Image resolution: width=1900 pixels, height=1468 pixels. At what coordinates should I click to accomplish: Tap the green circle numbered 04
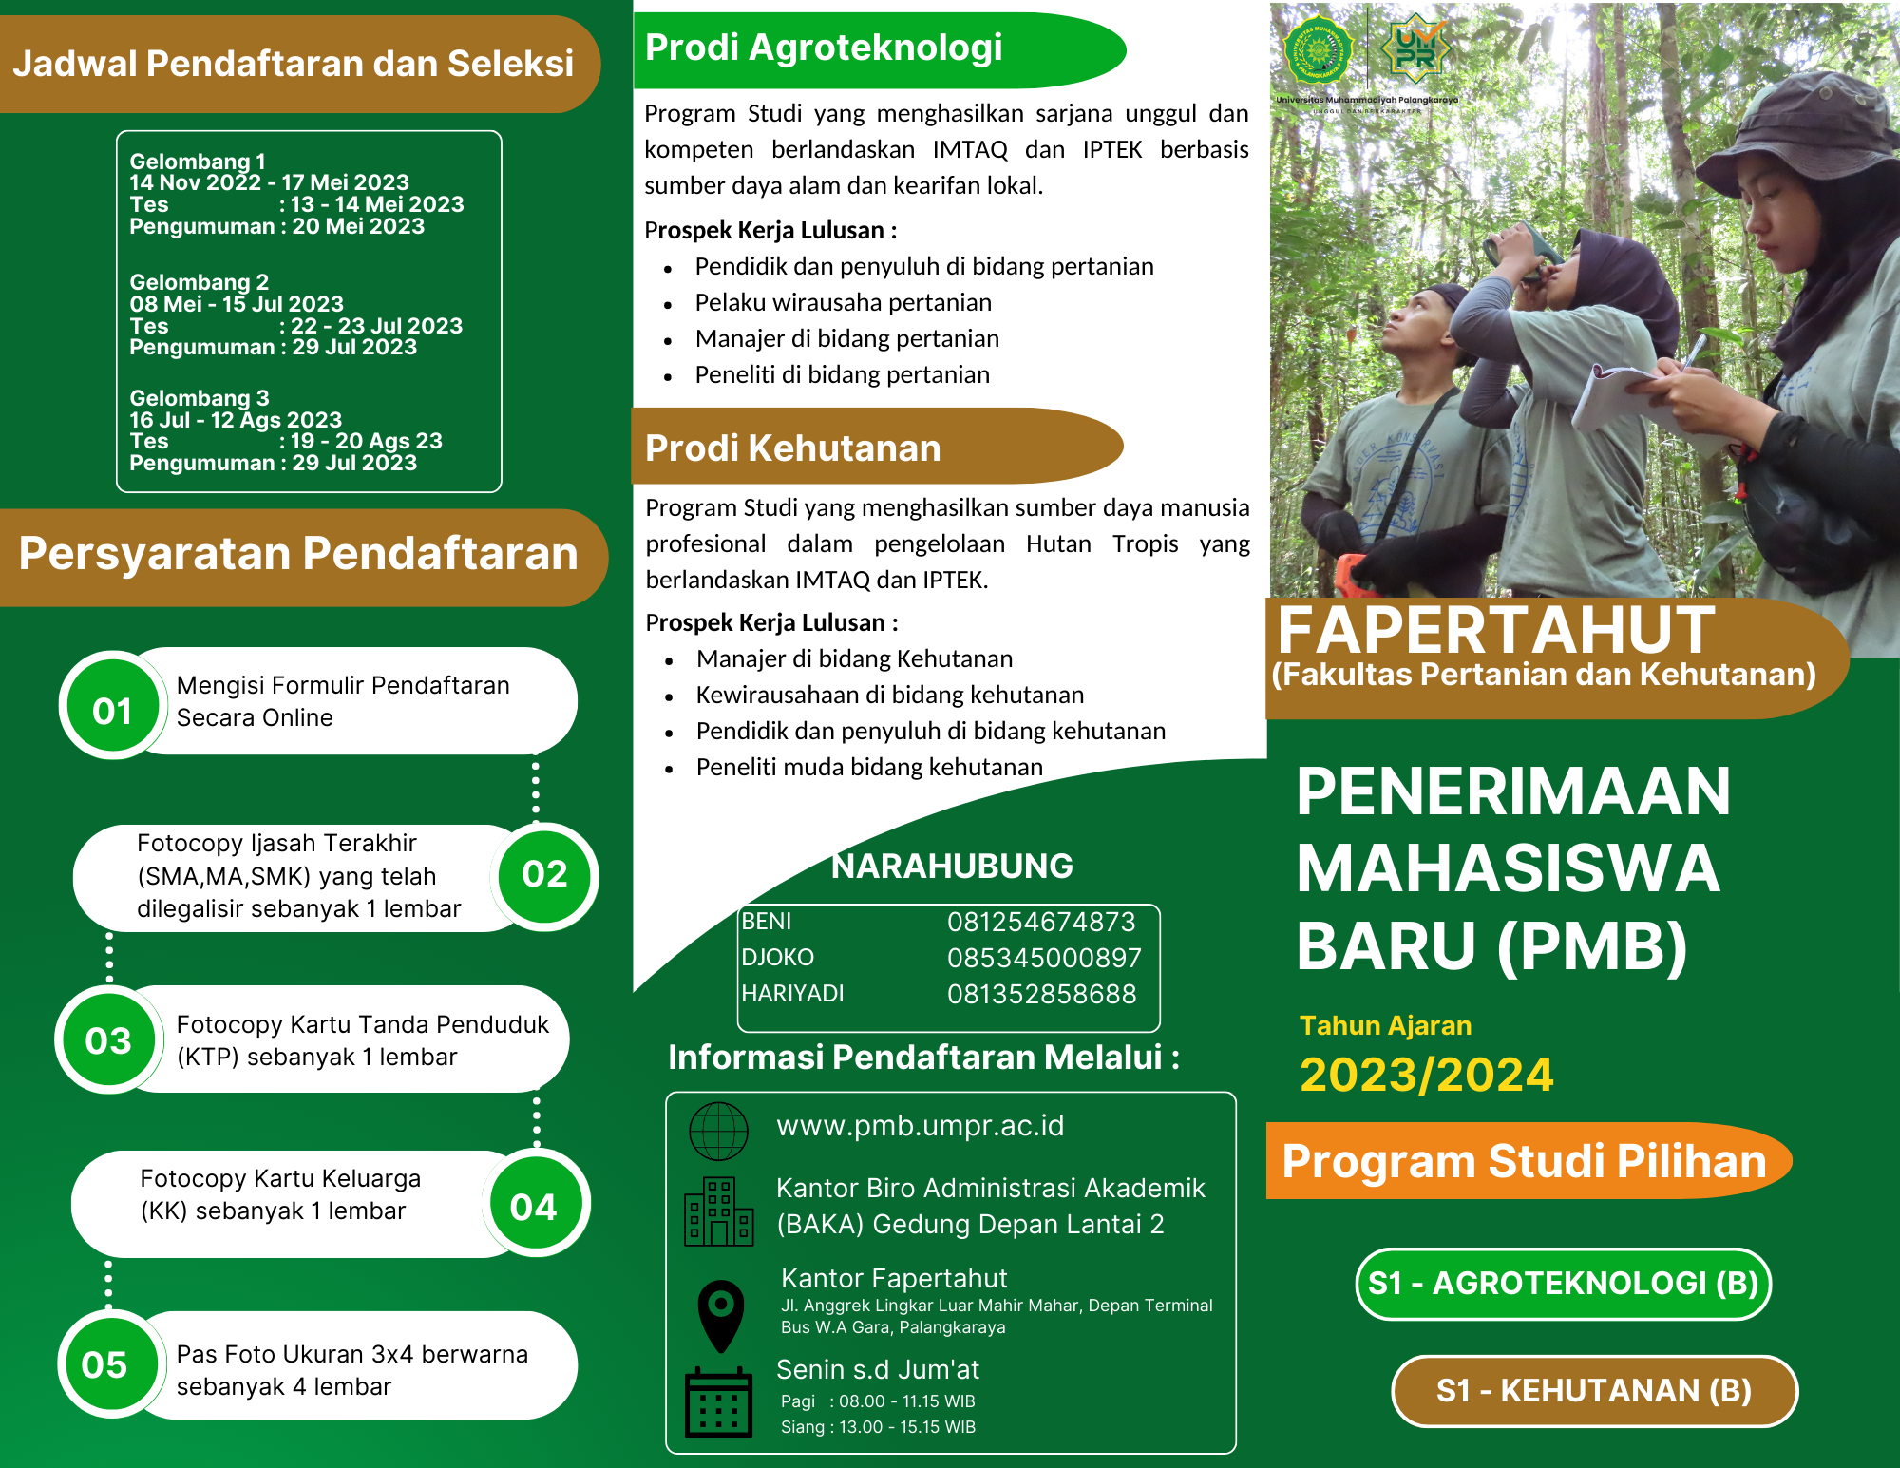coord(534,1206)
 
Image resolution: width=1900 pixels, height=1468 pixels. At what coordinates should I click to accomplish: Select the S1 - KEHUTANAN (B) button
coord(1594,1391)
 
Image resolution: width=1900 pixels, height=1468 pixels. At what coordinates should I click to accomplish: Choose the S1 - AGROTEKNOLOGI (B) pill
coord(1564,1284)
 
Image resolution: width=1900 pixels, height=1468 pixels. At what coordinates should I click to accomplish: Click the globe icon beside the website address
coord(718,1131)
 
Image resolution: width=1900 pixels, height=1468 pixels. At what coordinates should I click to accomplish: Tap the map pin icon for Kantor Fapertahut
coord(721,1314)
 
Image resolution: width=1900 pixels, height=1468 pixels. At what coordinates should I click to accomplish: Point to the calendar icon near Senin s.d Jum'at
coord(718,1402)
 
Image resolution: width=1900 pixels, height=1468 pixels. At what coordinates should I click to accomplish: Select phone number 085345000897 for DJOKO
coord(1043,958)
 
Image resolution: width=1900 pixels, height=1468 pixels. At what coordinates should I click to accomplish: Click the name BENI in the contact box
coord(767,922)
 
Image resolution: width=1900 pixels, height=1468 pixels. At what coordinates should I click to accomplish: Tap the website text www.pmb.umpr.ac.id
coord(920,1126)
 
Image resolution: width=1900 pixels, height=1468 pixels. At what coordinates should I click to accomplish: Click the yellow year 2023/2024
coord(1426,1075)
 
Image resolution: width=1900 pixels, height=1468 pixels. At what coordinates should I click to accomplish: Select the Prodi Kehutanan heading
coord(792,448)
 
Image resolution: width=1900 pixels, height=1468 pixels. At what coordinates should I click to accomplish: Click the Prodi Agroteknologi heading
coord(823,48)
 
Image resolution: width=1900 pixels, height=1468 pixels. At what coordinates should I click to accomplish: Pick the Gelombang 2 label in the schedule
coord(199,282)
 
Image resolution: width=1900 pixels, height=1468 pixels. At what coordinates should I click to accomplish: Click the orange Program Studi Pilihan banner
coord(1524,1161)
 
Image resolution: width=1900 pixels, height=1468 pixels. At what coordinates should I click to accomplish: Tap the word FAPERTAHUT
coord(1495,630)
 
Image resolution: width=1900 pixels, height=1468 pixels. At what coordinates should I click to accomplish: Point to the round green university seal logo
coord(1319,48)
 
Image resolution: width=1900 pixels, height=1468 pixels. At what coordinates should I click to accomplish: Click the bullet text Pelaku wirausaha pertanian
coord(843,303)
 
